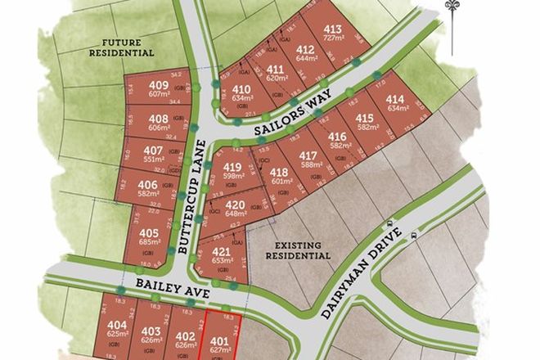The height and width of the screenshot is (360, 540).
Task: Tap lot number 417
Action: [x=308, y=155]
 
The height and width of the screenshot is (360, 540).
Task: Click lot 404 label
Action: [x=117, y=325]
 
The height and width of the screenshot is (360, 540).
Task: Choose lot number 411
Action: [x=276, y=69]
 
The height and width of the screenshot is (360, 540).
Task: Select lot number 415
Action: [x=365, y=118]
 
